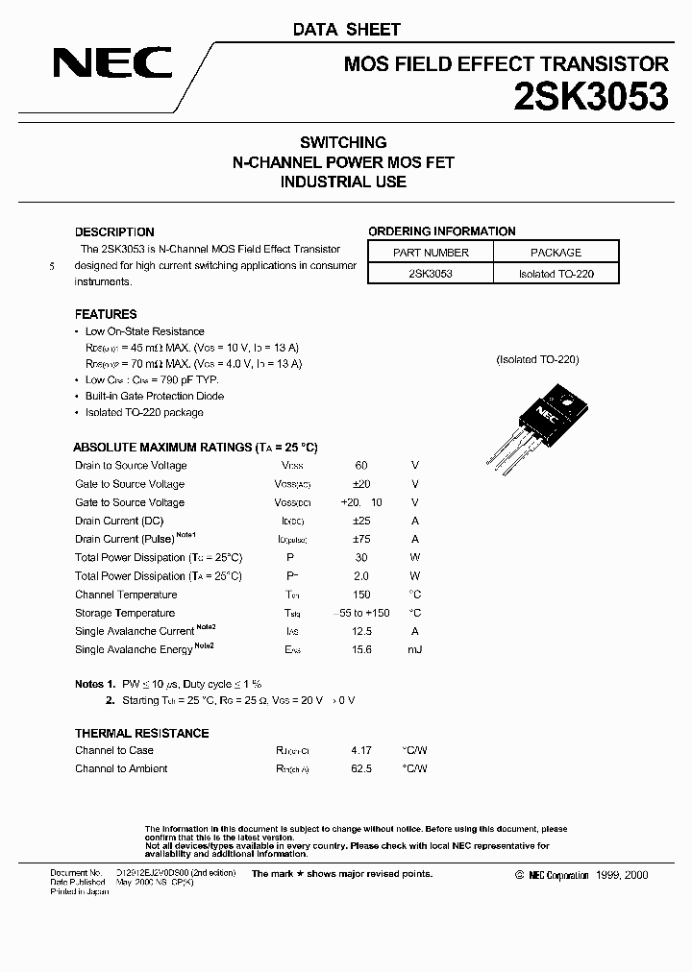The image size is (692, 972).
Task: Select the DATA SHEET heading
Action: (x=346, y=30)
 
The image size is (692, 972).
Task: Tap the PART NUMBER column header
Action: (x=432, y=253)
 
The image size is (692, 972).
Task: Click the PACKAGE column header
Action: (x=556, y=253)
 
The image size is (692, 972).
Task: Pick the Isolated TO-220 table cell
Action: (x=556, y=274)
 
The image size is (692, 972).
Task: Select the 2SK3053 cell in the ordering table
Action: (x=432, y=274)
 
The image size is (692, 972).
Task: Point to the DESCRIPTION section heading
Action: (x=114, y=231)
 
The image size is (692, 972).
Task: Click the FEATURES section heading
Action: (x=106, y=314)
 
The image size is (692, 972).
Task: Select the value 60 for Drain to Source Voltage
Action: (x=361, y=465)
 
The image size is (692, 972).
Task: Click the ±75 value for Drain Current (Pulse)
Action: (x=361, y=539)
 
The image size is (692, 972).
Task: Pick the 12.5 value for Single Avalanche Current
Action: (x=361, y=631)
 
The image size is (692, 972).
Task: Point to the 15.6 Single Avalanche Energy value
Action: (x=361, y=649)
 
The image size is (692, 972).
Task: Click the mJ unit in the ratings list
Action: (x=414, y=649)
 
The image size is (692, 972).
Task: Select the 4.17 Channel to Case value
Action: (x=361, y=750)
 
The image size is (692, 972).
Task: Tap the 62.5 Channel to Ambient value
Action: (x=361, y=768)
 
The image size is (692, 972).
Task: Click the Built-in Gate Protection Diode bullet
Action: (x=154, y=396)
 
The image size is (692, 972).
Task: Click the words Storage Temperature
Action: (x=125, y=613)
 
